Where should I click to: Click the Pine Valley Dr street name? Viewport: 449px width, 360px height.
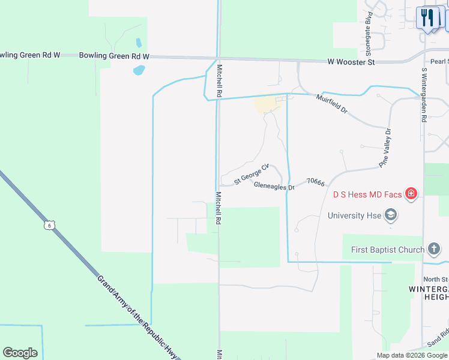[x=384, y=148]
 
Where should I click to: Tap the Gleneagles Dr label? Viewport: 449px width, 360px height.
[x=274, y=187]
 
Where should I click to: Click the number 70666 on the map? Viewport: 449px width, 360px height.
[x=315, y=181]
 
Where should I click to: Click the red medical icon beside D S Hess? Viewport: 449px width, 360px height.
[x=411, y=193]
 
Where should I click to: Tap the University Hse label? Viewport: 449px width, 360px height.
[x=354, y=215]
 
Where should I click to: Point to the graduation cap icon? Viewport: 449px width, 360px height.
[x=391, y=215]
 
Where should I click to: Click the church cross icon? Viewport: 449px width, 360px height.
[x=435, y=249]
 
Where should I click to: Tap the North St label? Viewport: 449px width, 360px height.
[x=435, y=279]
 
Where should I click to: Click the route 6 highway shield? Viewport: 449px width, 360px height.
[x=49, y=225]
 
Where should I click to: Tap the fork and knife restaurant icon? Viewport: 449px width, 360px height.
[x=427, y=17]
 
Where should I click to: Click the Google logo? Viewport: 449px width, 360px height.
[x=20, y=352]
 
